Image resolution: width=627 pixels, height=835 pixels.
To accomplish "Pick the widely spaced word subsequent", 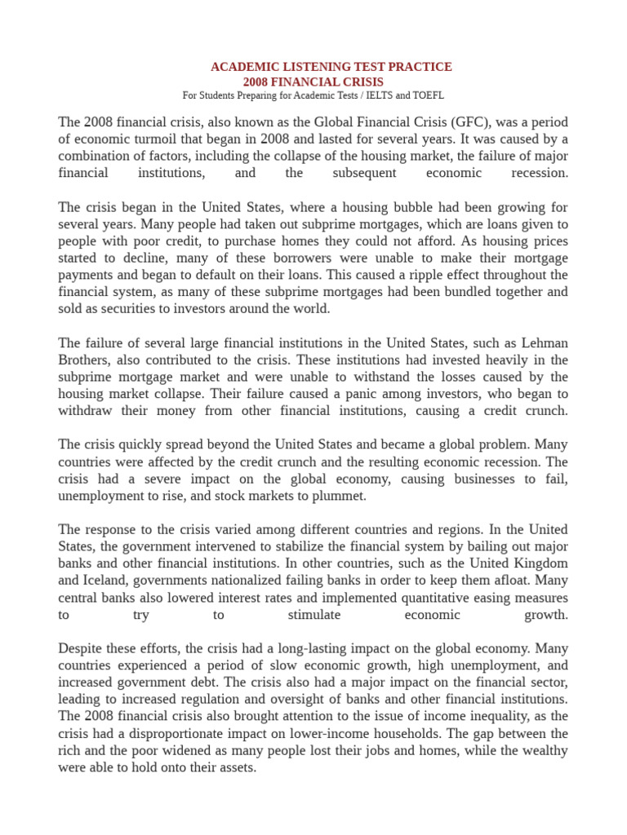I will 365,174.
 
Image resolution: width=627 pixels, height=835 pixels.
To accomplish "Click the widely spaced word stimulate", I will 314,616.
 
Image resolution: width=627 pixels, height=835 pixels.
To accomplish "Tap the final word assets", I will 237,768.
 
